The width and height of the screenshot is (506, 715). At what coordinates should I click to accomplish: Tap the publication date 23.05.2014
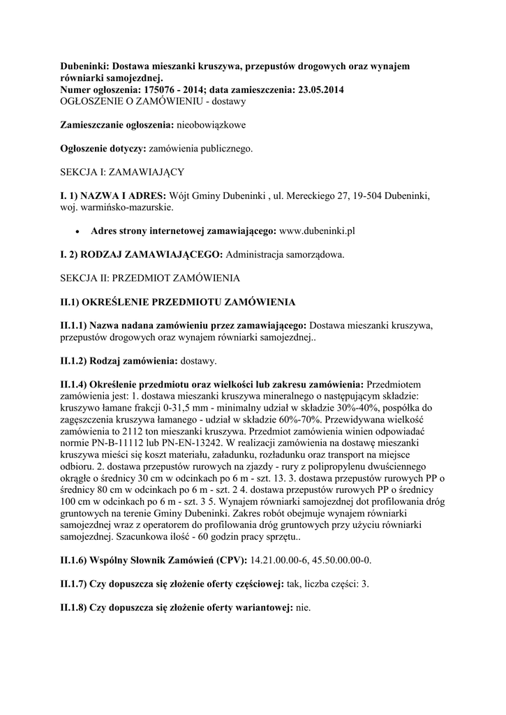point(318,90)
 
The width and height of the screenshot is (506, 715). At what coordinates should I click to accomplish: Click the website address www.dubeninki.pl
point(318,230)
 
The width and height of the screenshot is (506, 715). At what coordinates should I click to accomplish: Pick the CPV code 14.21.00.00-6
point(280,560)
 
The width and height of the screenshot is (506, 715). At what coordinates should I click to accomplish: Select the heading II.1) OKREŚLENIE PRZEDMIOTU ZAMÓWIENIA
point(178,302)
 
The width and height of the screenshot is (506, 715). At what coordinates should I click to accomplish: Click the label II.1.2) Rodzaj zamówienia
point(119,361)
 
